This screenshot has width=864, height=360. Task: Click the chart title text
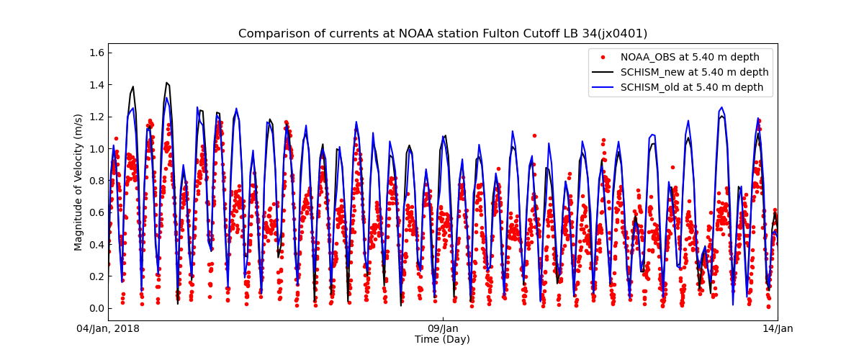[x=442, y=34]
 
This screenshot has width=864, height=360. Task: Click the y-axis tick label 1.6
[x=96, y=53]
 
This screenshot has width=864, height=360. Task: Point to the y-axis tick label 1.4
[x=96, y=85]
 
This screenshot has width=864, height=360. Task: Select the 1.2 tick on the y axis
[x=96, y=117]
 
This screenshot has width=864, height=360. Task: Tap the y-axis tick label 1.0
[x=96, y=149]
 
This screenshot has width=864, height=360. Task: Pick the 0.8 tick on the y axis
[x=96, y=181]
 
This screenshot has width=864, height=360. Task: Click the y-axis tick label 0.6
[x=96, y=212]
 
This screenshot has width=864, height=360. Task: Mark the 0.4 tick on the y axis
[x=96, y=245]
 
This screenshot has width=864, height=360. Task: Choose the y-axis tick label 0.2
[x=96, y=276]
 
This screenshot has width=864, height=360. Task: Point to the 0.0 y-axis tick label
[x=96, y=308]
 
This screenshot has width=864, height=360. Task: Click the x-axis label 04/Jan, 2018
[x=109, y=329]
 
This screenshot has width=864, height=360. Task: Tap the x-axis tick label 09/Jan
[x=443, y=329]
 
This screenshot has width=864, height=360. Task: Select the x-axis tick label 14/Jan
[x=778, y=329]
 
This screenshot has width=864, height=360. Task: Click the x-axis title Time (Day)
[x=442, y=340]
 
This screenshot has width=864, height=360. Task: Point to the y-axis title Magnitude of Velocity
[x=79, y=181]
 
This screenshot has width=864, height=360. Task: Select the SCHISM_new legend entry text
[x=694, y=72]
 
